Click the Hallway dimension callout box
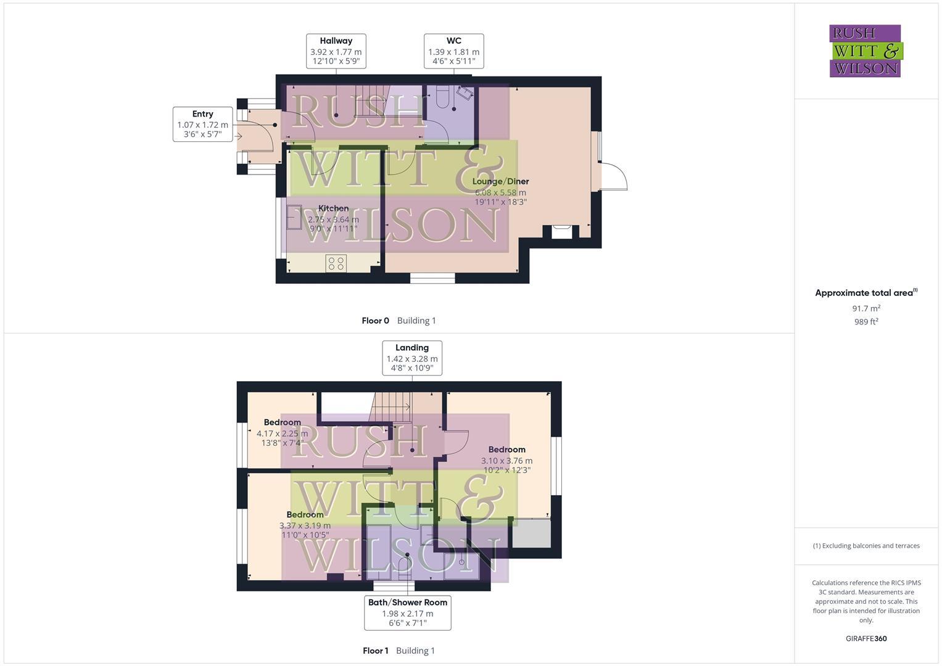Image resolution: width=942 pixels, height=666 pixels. tap(336, 51)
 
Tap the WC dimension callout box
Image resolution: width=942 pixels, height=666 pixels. tap(453, 51)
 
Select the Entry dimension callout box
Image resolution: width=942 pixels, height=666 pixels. tap(202, 124)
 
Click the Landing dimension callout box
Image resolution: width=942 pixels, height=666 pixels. tap(412, 358)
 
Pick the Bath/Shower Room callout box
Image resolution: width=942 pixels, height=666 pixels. tap(407, 612)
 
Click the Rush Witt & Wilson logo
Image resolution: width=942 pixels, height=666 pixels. tap(865, 51)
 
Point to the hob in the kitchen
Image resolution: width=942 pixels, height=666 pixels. tap(336, 263)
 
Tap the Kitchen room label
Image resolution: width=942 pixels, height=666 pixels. tap(333, 208)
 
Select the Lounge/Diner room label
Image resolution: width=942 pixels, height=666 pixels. tap(500, 181)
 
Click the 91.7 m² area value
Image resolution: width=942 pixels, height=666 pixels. tap(866, 308)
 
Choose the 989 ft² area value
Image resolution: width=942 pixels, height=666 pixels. tap(866, 321)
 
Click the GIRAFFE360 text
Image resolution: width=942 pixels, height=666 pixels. tap(866, 638)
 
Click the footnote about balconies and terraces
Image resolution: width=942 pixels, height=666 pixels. tap(866, 546)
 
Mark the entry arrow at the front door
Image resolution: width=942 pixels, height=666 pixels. tap(238, 136)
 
